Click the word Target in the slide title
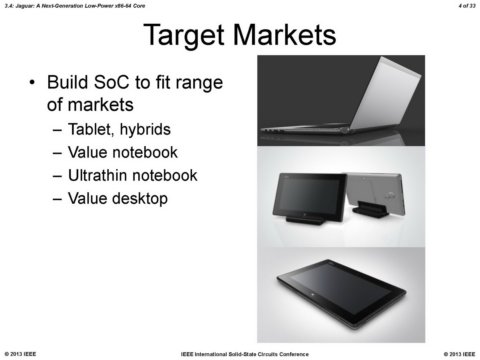coord(184,36)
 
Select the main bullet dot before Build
coord(32,82)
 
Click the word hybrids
coord(145,130)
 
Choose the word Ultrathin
coord(97,175)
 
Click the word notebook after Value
coord(145,152)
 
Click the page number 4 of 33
coord(467,6)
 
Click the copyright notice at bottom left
coord(20,354)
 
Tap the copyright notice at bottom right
coord(459,354)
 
